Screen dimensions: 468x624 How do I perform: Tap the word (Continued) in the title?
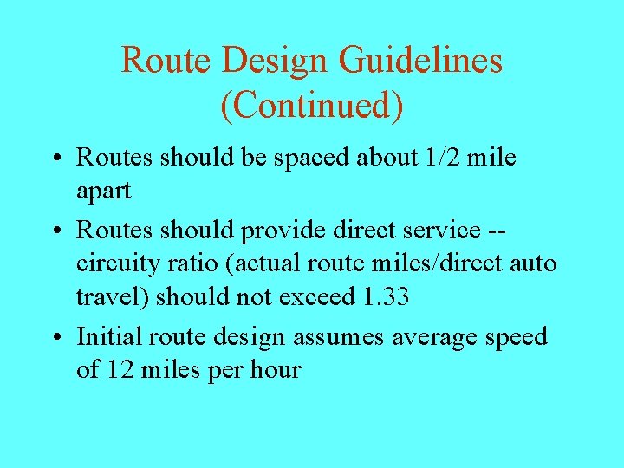coord(312,105)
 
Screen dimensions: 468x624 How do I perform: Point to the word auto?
coord(528,263)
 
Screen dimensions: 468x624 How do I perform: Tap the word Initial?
coord(109,335)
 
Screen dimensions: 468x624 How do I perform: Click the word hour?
coord(275,370)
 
